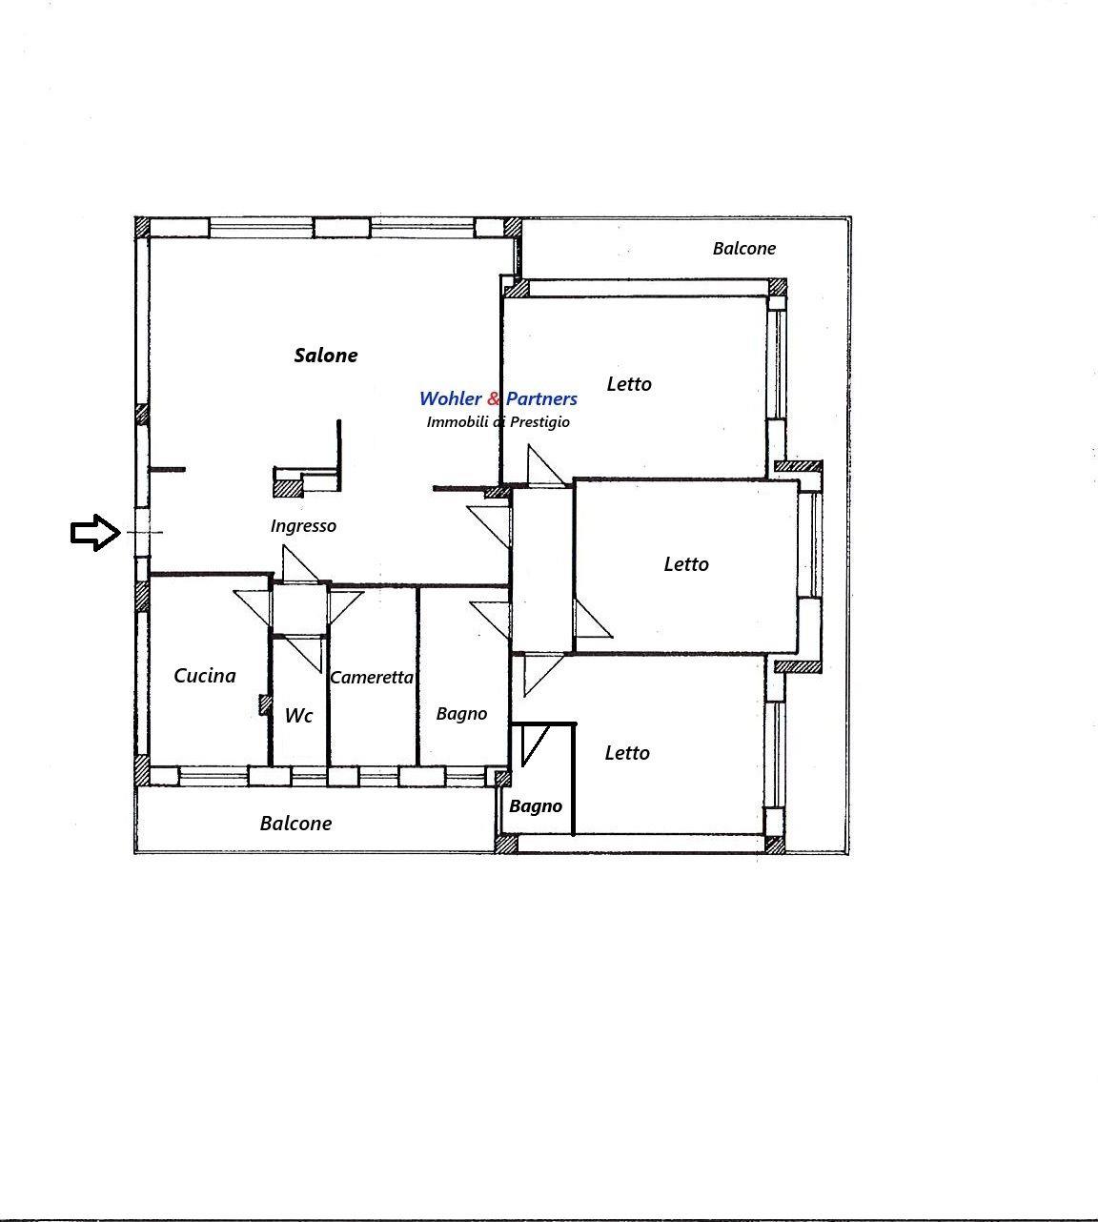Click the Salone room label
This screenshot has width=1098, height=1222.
(x=326, y=356)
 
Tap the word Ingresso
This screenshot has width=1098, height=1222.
(x=303, y=526)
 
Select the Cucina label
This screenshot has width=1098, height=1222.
(x=205, y=676)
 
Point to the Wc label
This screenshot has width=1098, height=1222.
(x=298, y=715)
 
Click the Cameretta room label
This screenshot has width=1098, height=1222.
(x=372, y=678)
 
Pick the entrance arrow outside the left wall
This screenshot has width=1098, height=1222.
(x=95, y=532)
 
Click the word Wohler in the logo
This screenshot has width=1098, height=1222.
(x=450, y=398)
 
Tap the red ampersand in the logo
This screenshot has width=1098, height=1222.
(x=494, y=398)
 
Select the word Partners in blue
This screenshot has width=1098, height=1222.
(x=541, y=398)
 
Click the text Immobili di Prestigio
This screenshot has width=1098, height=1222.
(x=498, y=422)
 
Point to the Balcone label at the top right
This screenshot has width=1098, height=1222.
(x=744, y=249)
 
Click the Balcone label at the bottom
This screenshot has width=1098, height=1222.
(x=295, y=824)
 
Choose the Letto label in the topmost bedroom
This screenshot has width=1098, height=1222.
(x=629, y=384)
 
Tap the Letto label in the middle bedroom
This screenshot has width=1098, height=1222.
(x=686, y=564)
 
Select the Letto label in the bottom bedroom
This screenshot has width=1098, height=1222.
(x=627, y=753)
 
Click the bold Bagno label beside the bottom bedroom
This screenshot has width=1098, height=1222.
(x=536, y=806)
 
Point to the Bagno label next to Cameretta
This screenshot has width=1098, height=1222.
(x=461, y=714)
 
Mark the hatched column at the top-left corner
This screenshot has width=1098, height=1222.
(x=142, y=228)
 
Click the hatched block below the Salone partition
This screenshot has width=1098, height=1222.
(x=288, y=488)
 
